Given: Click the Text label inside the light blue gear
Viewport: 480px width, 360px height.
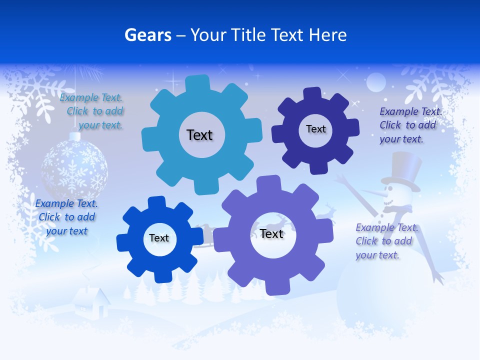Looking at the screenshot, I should (199, 135).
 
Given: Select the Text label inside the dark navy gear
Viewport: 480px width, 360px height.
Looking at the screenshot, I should (315, 129).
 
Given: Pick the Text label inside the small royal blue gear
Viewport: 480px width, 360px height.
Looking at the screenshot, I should (159, 238).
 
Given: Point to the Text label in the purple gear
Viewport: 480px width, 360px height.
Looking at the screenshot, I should (271, 233).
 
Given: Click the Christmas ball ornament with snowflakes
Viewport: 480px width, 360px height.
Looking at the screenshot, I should (74, 167).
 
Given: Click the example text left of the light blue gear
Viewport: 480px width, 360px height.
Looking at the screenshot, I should (93, 111).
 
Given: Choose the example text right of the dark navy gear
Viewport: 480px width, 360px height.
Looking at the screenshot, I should (409, 125).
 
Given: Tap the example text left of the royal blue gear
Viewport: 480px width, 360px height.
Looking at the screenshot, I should (66, 217).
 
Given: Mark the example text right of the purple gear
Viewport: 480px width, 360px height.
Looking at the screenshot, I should (385, 241).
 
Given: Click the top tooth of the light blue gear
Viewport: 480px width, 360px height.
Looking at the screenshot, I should (198, 82).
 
